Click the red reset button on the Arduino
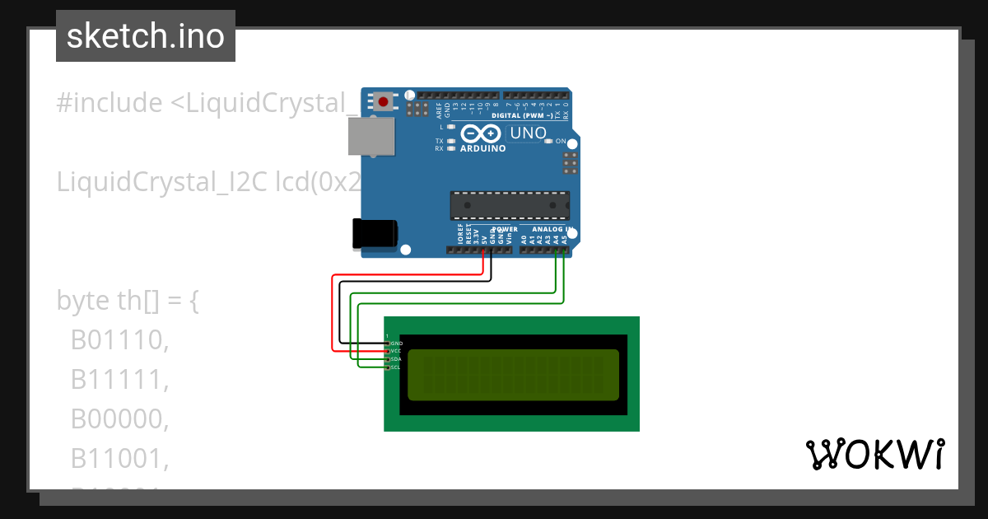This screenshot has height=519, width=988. coord(384,101)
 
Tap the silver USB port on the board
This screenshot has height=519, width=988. coord(371,136)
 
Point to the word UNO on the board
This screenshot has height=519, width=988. coord(528,133)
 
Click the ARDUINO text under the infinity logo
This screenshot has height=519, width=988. coord(482,149)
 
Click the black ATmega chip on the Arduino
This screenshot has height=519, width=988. coord(510,205)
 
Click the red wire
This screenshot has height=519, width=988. coord(333,313)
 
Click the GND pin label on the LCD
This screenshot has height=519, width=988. coord(396,342)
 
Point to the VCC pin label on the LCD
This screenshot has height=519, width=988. coord(396,351)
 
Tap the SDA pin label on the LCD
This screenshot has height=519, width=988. coord(396,359)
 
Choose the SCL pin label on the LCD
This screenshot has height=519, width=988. coord(396,367)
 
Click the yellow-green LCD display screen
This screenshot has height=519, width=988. coord(512,375)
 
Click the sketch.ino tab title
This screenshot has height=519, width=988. coord(146,36)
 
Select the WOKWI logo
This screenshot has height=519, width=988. coord(875,454)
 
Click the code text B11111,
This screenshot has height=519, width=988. coord(120,380)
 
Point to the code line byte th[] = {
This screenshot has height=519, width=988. coord(128,301)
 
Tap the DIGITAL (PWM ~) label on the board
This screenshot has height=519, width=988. coord(522,115)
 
